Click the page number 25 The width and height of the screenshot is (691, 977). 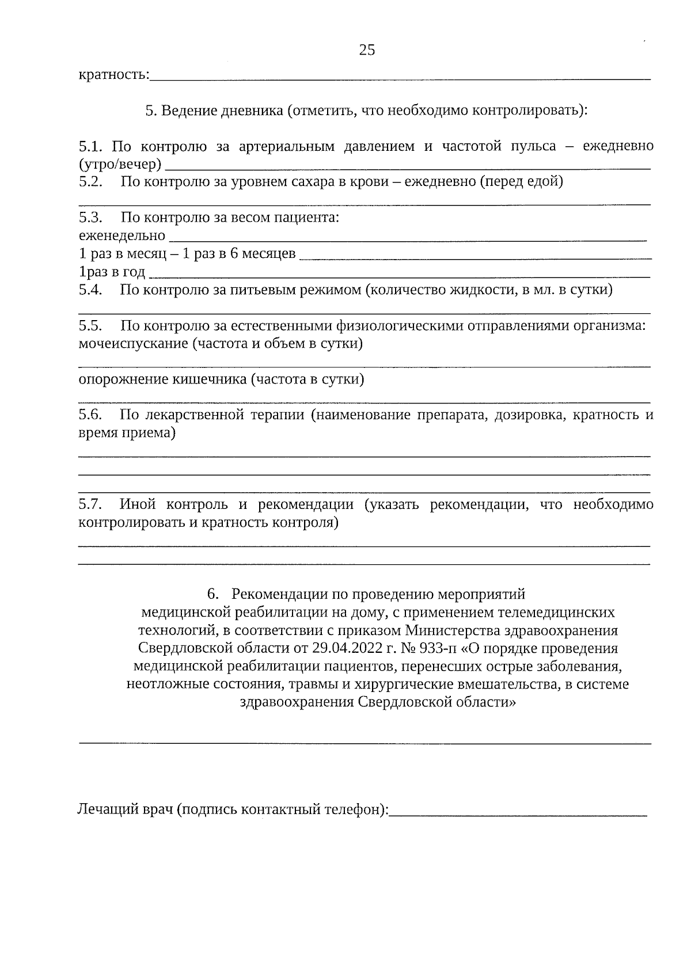click(x=367, y=50)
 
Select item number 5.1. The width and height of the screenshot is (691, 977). click(x=90, y=146)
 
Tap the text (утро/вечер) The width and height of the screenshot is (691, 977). click(x=120, y=165)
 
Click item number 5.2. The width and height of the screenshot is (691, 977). click(x=90, y=182)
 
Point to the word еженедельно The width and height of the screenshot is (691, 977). click(x=122, y=236)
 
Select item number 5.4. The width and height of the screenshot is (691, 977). click(x=90, y=290)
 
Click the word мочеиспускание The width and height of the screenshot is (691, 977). click(x=133, y=344)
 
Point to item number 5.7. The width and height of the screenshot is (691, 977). click(x=90, y=505)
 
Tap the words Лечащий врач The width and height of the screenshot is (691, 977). click(x=125, y=810)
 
